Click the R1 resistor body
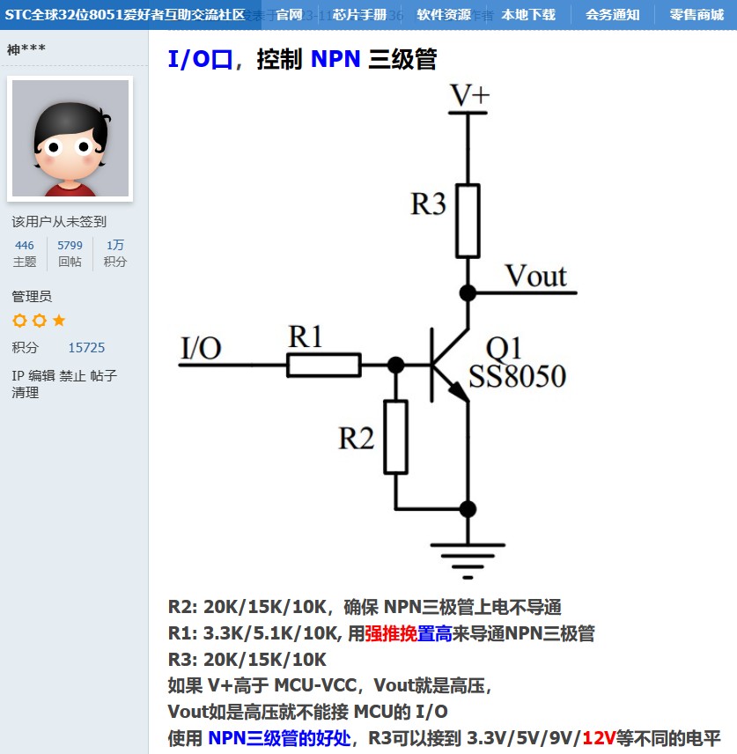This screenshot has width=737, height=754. pyautogui.click(x=324, y=365)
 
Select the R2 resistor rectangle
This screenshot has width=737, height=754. pyautogui.click(x=396, y=437)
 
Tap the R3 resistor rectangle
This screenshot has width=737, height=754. pyautogui.click(x=468, y=220)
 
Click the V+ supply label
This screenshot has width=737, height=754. pyautogui.click(x=469, y=94)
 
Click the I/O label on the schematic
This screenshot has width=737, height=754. pyautogui.click(x=201, y=348)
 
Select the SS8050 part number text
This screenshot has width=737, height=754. pyautogui.click(x=517, y=377)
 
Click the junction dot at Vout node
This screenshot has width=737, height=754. pyautogui.click(x=468, y=292)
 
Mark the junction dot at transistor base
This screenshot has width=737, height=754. pyautogui.click(x=396, y=365)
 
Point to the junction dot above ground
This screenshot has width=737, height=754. pyautogui.click(x=468, y=508)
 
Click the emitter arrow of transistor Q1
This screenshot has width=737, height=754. pyautogui.click(x=459, y=393)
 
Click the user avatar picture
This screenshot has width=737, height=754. pyautogui.click(x=70, y=138)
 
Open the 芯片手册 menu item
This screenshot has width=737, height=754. pyautogui.click(x=359, y=14)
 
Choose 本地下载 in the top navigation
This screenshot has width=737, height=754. pyautogui.click(x=528, y=14)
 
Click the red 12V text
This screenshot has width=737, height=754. pyautogui.click(x=599, y=738)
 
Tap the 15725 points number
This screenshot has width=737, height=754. pyautogui.click(x=86, y=348)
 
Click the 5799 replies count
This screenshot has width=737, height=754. pyautogui.click(x=70, y=246)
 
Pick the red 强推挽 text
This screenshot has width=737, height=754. pyautogui.click(x=391, y=633)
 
